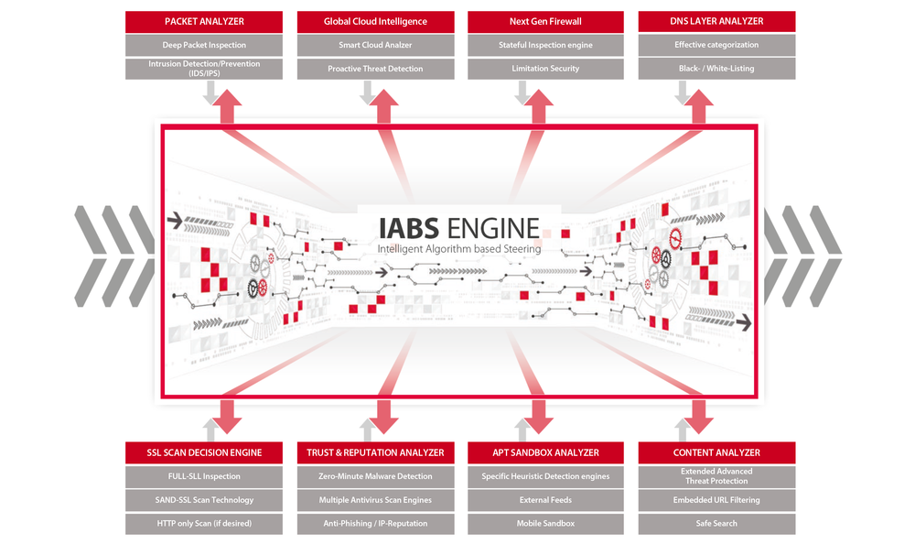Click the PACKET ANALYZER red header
pos(204,21)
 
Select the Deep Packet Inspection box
pos(204,45)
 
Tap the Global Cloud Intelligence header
pos(375,21)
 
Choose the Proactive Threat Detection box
pos(375,69)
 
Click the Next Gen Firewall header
pos(545,21)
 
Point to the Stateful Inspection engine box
pos(545,45)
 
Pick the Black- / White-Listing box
pos(716,69)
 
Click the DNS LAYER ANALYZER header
pos(716,21)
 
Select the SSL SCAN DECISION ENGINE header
pos(204,452)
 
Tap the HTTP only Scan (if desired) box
pos(204,524)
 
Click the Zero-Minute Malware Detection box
pos(375,476)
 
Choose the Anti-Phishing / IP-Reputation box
pos(375,524)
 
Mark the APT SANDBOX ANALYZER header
pos(545,452)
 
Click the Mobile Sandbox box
pos(545,524)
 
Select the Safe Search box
pos(716,524)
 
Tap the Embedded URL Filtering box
pos(716,500)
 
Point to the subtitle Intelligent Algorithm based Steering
pos(458,249)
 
